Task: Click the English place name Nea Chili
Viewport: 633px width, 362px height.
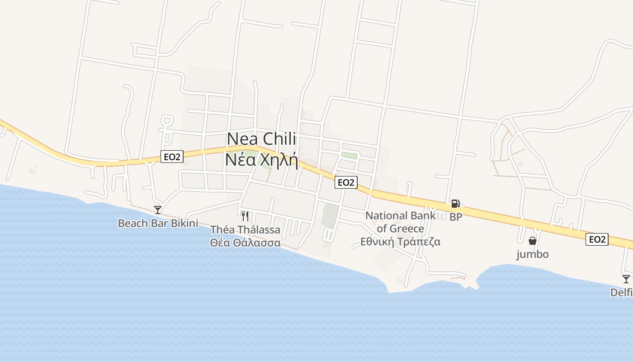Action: (261, 139)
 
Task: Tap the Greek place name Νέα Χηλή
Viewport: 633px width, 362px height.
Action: (261, 160)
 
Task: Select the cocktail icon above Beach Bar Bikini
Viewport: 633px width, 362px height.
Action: (158, 210)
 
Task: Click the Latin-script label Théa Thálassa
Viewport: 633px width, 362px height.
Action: (245, 230)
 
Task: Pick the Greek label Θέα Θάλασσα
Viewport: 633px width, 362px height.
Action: (245, 243)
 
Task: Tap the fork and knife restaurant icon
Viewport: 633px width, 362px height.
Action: (245, 216)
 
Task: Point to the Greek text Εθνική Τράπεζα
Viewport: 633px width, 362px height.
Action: (400, 242)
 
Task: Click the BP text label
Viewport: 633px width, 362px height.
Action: (456, 217)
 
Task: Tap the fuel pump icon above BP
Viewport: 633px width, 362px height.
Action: (455, 204)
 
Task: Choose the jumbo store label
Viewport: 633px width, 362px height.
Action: (533, 254)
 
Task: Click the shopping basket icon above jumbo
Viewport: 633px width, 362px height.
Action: (533, 241)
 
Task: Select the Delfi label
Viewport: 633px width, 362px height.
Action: (622, 293)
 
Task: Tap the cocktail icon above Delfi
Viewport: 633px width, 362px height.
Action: (626, 279)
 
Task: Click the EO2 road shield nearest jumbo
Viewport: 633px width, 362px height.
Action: (597, 239)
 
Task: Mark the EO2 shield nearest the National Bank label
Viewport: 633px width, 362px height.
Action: (346, 182)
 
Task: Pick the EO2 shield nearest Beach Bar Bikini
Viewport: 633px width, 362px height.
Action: (172, 157)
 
